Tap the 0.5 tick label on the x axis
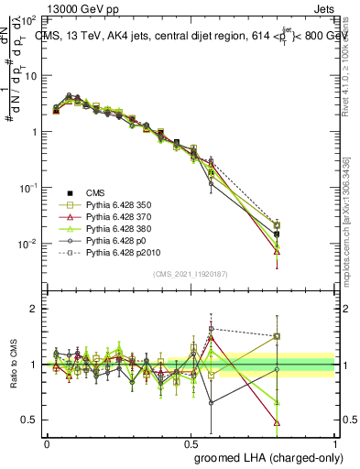[191, 442]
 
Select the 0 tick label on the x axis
[47, 442]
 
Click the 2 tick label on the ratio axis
[35, 309]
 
